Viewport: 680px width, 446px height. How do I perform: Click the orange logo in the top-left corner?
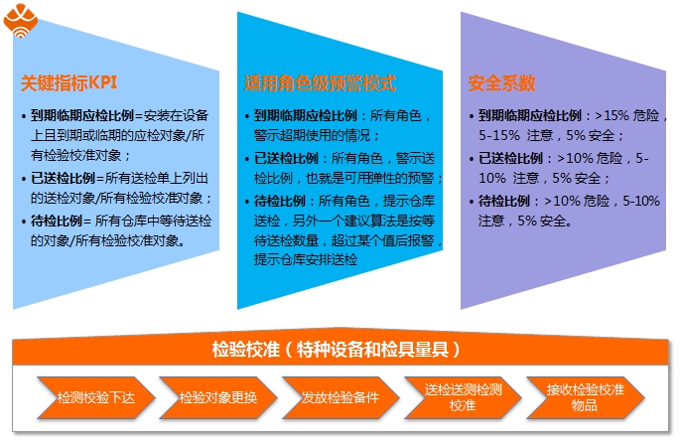point(21,21)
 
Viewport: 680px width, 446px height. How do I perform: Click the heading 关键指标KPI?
point(68,82)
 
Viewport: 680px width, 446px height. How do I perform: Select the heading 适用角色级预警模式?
point(320,82)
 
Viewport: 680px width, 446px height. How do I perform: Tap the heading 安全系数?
point(501,82)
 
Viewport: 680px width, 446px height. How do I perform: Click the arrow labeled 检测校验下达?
point(96,397)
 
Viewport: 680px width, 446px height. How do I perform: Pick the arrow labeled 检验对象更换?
point(218,397)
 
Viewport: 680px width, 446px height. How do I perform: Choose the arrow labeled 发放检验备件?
point(340,397)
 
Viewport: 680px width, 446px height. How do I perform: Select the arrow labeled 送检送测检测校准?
point(463,397)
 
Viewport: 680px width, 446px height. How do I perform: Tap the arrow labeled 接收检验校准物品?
point(585,397)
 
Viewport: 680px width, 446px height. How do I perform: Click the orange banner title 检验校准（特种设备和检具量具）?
point(337,350)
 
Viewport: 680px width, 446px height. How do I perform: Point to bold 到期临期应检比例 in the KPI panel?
point(82,116)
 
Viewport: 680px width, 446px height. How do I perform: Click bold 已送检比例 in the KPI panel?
point(63,179)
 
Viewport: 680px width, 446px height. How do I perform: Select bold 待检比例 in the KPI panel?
point(57,221)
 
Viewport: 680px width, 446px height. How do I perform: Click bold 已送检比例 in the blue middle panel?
point(286,158)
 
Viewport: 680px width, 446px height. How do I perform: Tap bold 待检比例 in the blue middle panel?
point(280,201)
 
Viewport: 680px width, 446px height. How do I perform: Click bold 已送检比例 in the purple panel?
point(510,158)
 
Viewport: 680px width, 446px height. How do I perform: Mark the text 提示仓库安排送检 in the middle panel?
point(306,260)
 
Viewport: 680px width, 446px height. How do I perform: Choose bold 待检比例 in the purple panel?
point(504,201)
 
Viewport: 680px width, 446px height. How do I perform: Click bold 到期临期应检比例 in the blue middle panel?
point(306,116)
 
